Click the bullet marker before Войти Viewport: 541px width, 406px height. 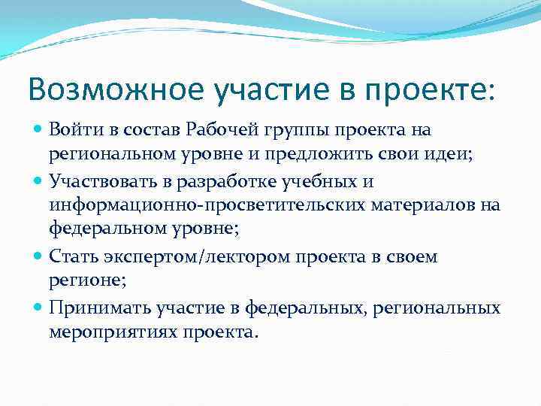[x=39, y=130]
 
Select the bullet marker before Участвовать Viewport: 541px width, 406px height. [x=39, y=181]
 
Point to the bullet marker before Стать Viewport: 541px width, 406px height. [x=39, y=257]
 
